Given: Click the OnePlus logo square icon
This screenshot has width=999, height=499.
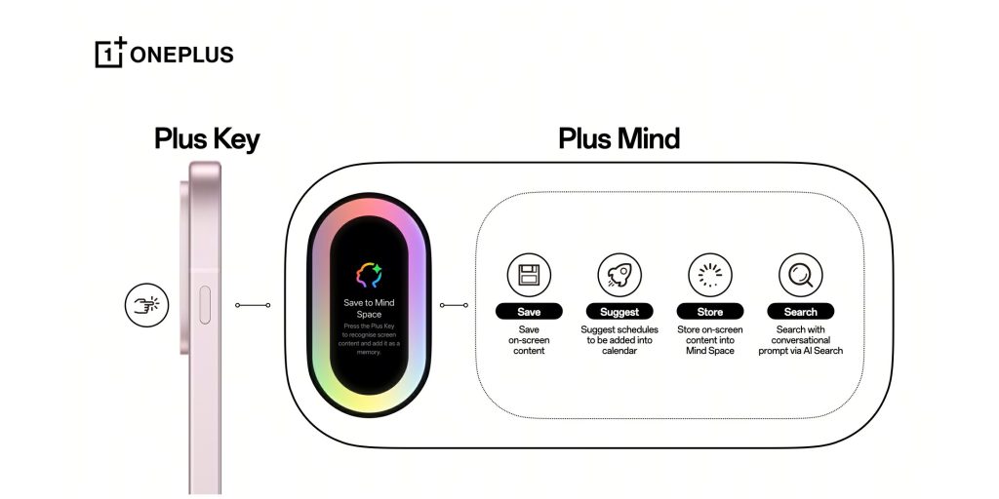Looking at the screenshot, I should pyautogui.click(x=109, y=54).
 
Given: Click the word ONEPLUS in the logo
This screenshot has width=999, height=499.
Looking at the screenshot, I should pyautogui.click(x=181, y=55).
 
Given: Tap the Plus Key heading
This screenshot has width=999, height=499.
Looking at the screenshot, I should pyautogui.click(x=207, y=139).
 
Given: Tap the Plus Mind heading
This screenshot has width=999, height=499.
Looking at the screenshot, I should pyautogui.click(x=619, y=139).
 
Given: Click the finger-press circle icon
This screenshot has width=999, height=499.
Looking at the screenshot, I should pyautogui.click(x=146, y=305).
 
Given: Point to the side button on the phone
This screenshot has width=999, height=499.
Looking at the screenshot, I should pyautogui.click(x=203, y=305).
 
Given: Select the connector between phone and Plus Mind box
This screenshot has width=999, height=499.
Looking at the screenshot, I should pyautogui.click(x=253, y=305).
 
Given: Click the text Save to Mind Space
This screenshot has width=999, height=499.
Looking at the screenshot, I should pyautogui.click(x=368, y=309).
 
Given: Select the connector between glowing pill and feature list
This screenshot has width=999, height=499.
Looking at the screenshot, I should pyautogui.click(x=453, y=305).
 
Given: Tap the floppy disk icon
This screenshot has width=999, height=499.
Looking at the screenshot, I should pyautogui.click(x=529, y=276).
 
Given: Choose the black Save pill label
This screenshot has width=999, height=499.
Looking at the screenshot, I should pyautogui.click(x=529, y=312).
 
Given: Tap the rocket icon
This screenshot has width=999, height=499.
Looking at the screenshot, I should pyautogui.click(x=619, y=276).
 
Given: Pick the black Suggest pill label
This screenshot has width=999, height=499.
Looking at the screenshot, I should pyautogui.click(x=619, y=312).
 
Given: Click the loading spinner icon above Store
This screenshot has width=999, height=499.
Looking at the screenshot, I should pyautogui.click(x=710, y=276).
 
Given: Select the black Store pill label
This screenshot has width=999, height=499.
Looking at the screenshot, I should pyautogui.click(x=710, y=312).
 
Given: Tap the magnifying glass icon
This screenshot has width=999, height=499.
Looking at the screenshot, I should pyautogui.click(x=800, y=276).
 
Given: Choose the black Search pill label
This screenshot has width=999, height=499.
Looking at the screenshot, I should pyautogui.click(x=800, y=312).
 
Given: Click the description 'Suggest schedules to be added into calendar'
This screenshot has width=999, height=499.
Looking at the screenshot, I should pyautogui.click(x=619, y=340).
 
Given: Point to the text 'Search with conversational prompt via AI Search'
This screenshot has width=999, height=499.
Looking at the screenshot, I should pyautogui.click(x=800, y=340).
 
